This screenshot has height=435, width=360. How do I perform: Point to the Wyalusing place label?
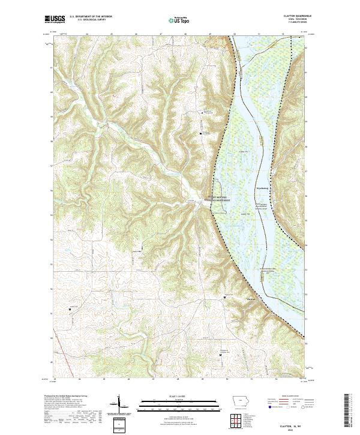(263, 187)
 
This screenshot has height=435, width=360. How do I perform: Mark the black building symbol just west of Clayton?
(225, 297)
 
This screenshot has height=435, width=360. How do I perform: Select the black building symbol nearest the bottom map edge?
(220, 354)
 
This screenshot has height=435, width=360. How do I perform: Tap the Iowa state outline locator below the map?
(240, 402)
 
